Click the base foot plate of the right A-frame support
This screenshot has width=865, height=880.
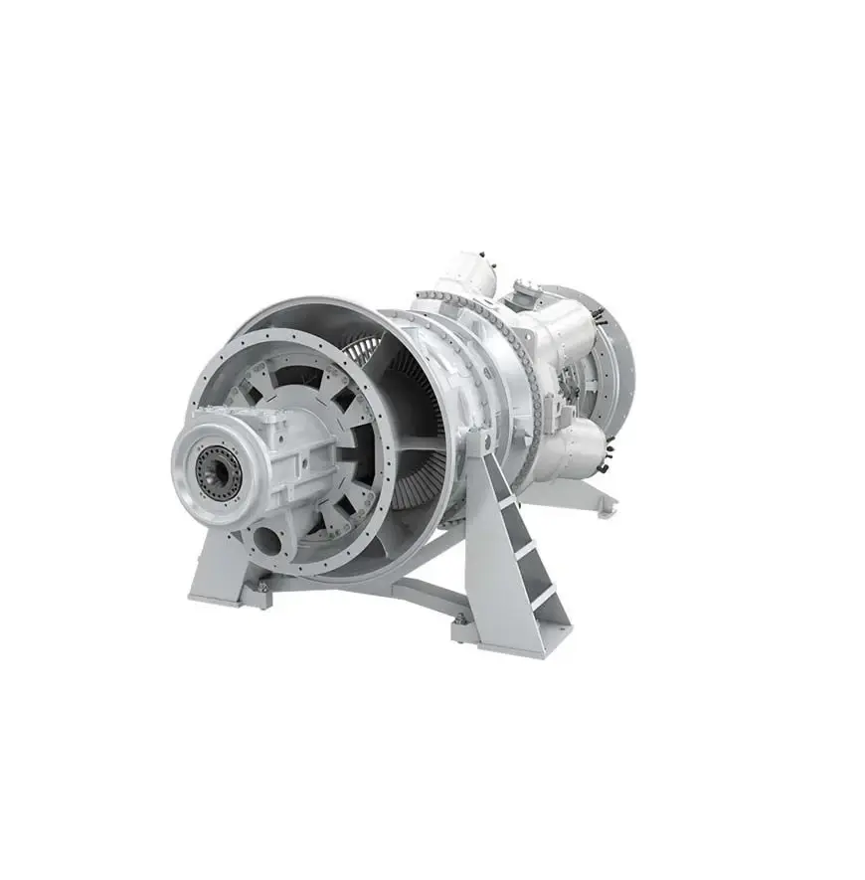(497, 636)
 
